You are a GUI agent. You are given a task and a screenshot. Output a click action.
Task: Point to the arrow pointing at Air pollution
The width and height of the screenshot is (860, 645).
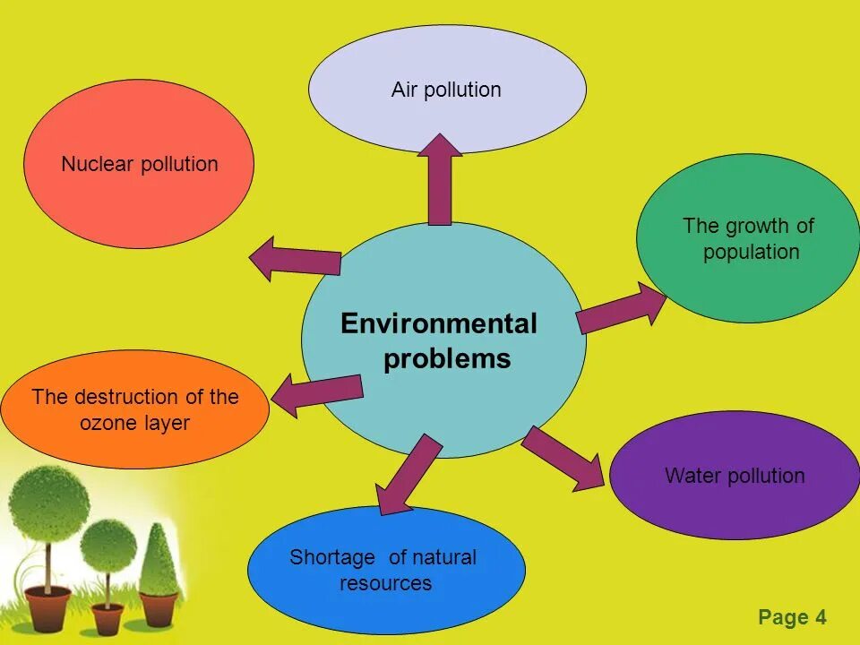click(440, 179)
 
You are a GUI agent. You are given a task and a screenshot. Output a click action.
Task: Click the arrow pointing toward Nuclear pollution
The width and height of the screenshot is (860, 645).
click(296, 260)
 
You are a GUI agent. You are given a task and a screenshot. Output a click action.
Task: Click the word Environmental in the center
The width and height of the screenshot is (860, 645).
click(439, 324)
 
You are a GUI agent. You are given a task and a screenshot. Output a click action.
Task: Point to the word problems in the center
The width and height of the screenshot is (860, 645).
click(447, 359)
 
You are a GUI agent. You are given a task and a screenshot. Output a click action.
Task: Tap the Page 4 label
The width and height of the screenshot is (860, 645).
click(792, 617)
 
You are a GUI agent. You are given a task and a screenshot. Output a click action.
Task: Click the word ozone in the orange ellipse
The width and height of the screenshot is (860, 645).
click(108, 423)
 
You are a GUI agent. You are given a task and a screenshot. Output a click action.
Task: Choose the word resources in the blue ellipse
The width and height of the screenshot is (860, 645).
click(385, 584)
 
